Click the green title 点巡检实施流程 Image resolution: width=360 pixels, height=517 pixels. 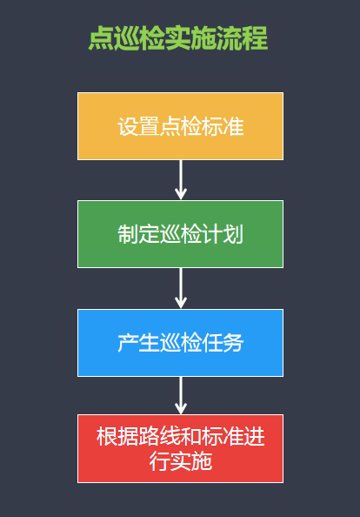[x=178, y=38]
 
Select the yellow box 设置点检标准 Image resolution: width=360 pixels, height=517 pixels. [x=180, y=126]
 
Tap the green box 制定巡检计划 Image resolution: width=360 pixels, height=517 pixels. [x=180, y=234]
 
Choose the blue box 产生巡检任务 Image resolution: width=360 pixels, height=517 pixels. [x=180, y=343]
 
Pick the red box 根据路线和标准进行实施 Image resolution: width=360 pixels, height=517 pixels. [x=180, y=449]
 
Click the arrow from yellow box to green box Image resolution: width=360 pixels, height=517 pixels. [x=181, y=180]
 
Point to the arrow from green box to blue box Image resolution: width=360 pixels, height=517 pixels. [x=181, y=288]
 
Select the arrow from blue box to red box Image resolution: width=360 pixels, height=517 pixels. [x=181, y=395]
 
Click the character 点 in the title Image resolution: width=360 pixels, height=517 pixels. [x=101, y=38]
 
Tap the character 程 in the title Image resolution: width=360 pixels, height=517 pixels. [x=256, y=38]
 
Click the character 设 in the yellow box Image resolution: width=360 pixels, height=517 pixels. [x=128, y=126]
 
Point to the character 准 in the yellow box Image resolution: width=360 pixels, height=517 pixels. [x=233, y=126]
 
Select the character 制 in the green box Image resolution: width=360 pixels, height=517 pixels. [x=128, y=234]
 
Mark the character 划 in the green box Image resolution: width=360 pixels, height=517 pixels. [x=233, y=234]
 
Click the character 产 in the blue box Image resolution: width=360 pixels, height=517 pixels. [x=128, y=343]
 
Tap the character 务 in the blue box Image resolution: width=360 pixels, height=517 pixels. [x=233, y=343]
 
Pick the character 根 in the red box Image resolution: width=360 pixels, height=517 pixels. [x=107, y=437]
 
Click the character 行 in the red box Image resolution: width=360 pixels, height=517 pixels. [x=159, y=461]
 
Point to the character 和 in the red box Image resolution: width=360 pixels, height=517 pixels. [x=190, y=437]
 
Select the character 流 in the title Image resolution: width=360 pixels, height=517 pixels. [x=230, y=38]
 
